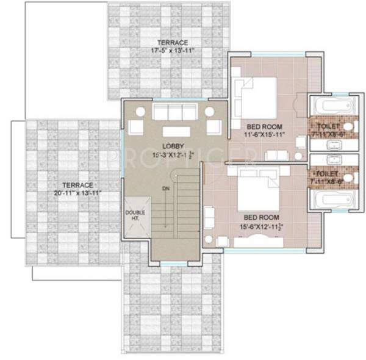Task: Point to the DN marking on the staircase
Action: [165, 189]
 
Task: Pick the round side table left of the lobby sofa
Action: [140, 112]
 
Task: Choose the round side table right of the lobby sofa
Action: [209, 112]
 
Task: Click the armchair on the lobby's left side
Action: [135, 128]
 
